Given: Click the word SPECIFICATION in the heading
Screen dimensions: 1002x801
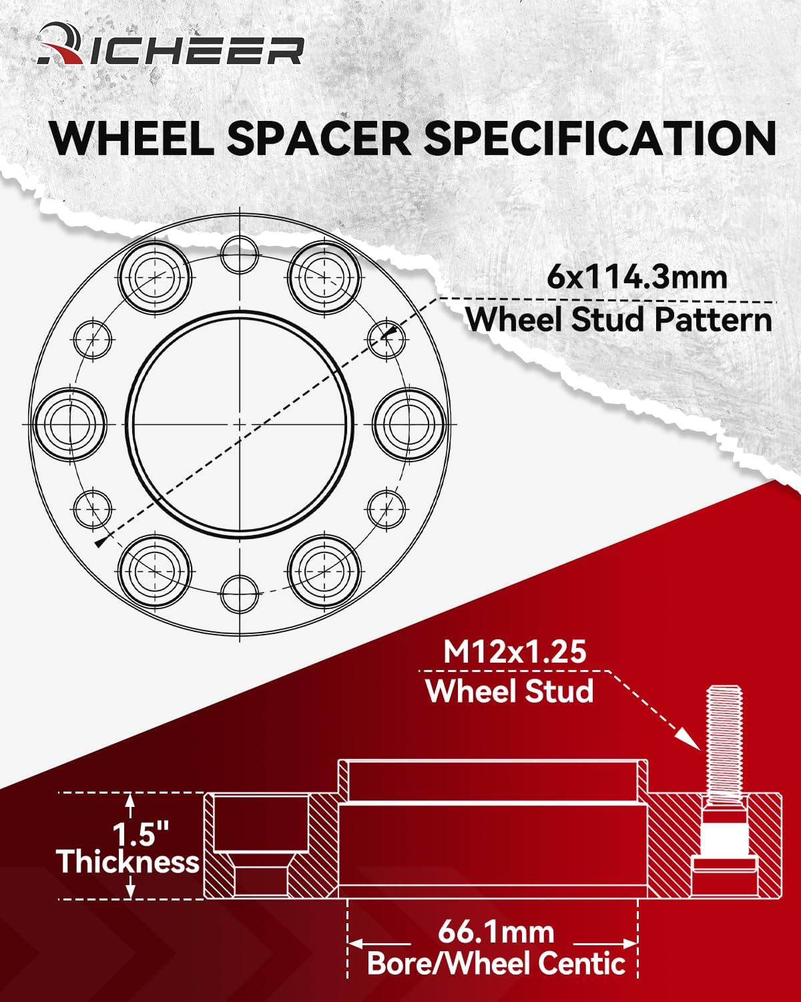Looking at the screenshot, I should tap(601, 138).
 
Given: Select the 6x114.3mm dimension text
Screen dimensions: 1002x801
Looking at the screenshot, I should tap(637, 277).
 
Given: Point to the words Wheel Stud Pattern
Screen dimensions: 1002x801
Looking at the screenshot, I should tap(619, 320).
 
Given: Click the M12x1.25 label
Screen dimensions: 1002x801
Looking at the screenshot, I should tap(515, 651).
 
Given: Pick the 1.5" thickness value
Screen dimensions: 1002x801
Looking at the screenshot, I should tap(141, 835).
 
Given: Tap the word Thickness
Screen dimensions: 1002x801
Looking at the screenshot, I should tap(128, 862).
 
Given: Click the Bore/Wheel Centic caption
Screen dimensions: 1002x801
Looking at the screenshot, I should tap(496, 963).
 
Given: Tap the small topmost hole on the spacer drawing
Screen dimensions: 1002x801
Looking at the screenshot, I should tap(240, 255).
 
